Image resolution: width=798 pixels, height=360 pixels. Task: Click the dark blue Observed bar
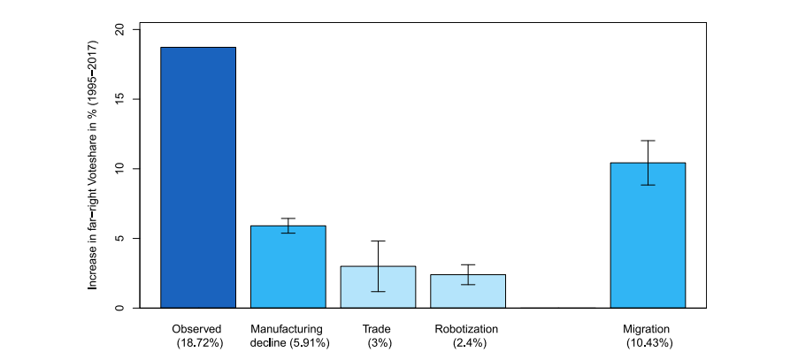[x=197, y=177]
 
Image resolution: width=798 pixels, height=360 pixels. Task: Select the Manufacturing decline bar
[x=288, y=267]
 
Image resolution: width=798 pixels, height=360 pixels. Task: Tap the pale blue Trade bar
[x=378, y=287]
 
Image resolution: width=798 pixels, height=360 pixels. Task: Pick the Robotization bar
[x=468, y=291]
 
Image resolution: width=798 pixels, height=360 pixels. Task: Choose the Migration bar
[x=648, y=235]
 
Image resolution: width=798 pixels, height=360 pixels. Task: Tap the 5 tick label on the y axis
[x=122, y=239]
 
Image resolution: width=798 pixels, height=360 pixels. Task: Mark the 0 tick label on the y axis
[x=122, y=308]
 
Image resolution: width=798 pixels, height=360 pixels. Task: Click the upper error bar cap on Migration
[x=648, y=141]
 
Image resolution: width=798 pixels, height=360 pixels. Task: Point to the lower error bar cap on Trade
[x=378, y=291]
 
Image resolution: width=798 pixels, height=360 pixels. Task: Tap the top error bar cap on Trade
[x=378, y=241]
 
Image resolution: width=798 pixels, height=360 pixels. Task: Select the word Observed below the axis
[x=197, y=329]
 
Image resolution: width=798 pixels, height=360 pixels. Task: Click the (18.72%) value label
[x=199, y=342]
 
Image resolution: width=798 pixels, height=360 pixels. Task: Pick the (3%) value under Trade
[x=379, y=342]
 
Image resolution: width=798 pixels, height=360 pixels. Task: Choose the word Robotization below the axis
[x=467, y=329]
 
